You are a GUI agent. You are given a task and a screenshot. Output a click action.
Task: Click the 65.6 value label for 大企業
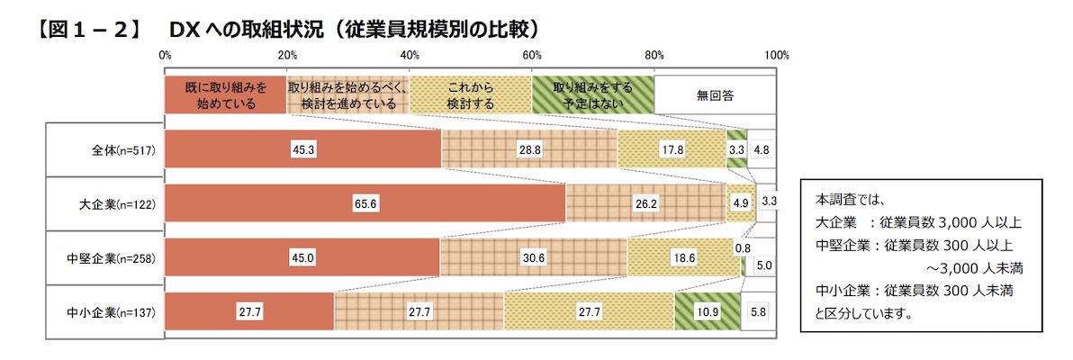tap(365, 204)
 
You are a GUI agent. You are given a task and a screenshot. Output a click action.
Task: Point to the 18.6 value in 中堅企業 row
tap(683, 258)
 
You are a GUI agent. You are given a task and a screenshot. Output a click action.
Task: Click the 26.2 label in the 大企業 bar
tap(645, 204)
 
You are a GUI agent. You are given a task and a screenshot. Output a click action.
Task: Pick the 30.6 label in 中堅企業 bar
tap(532, 258)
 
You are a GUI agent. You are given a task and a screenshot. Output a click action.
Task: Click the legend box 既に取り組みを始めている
tap(226, 95)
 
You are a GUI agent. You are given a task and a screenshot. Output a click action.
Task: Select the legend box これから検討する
tap(470, 95)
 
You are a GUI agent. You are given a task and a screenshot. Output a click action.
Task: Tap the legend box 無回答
tap(715, 95)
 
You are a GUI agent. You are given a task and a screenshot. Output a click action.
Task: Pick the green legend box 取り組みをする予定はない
tap(592, 95)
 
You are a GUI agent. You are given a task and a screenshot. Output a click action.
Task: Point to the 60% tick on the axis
tap(532, 56)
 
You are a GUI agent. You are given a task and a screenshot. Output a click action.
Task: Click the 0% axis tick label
tap(165, 56)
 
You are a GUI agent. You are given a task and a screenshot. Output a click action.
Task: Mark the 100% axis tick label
tap(776, 56)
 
